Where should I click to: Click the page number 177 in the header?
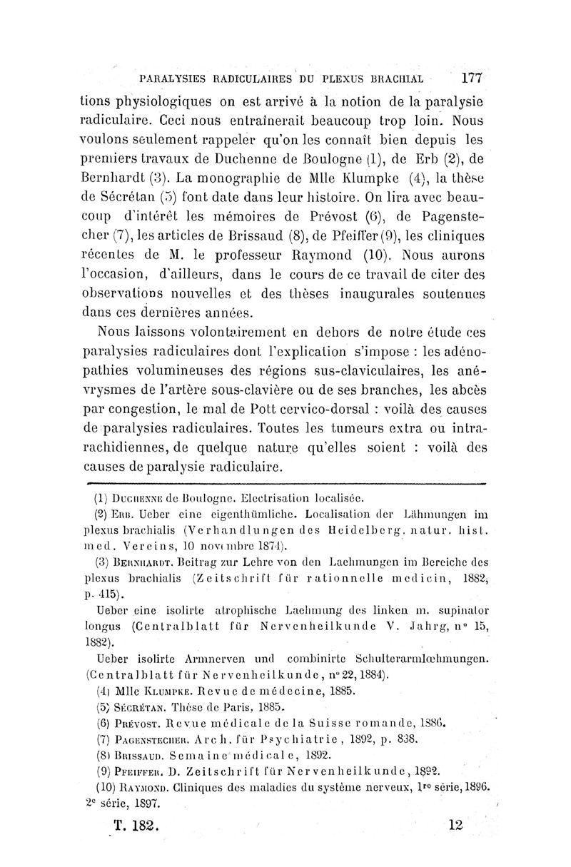(x=473, y=76)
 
